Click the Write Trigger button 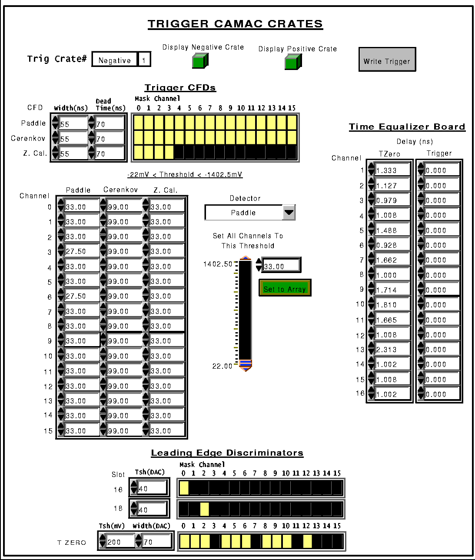coord(387,60)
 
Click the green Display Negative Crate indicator coord(200,61)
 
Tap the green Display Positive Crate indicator coord(293,62)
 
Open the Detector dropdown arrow coord(289,213)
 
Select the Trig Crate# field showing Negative coord(115,59)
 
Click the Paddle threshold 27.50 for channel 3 coord(82,251)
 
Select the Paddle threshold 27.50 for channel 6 coord(82,296)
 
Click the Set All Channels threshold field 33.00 coord(281,266)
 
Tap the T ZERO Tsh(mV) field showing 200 coord(120,542)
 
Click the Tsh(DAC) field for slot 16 coord(152,488)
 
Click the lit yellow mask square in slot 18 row coord(204,509)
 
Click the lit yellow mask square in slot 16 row coord(184,488)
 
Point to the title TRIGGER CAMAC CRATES coord(235,24)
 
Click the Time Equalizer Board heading coord(407,127)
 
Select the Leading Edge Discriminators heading coord(227,453)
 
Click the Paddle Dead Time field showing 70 coord(110,123)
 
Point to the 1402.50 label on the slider coord(218,264)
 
